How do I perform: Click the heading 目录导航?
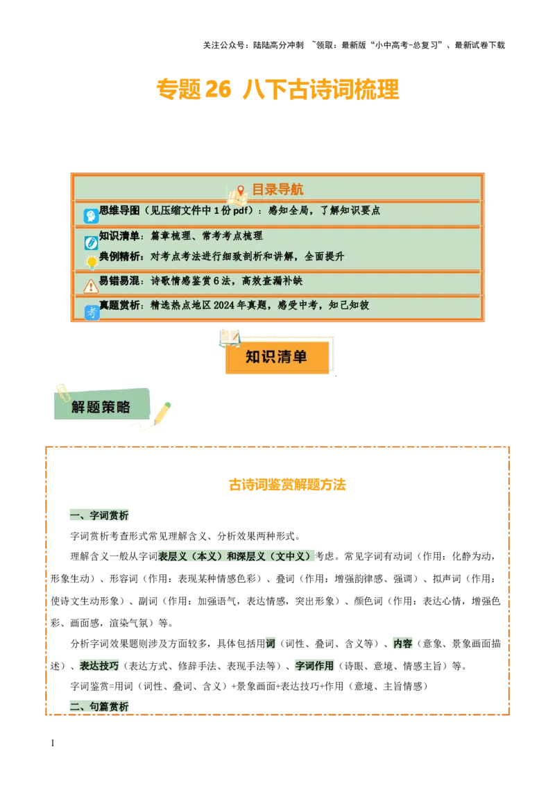pos(277,190)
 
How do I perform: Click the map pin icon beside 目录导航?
pos(241,190)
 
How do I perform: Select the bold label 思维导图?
pos(119,210)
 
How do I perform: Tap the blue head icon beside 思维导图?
pos(91,216)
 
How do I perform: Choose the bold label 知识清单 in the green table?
pos(119,236)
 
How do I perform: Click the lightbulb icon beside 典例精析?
pos(91,262)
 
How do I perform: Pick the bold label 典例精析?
pos(119,256)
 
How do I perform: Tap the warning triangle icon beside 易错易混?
pos(91,286)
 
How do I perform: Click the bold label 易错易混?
pos(119,281)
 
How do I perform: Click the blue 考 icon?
pos(92,312)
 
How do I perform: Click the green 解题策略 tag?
pos(101,407)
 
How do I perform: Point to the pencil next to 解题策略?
pos(162,412)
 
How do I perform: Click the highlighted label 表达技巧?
pos(99,665)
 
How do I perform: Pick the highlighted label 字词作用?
pos(315,665)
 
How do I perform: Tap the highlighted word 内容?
pos(402,643)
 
